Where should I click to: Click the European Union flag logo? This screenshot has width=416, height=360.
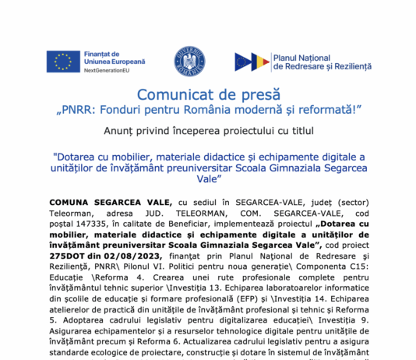62,62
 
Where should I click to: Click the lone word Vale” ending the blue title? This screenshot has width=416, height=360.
207,178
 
